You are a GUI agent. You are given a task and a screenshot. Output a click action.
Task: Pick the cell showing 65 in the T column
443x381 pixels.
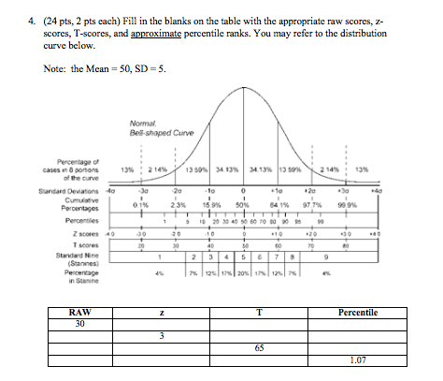pos(259,346)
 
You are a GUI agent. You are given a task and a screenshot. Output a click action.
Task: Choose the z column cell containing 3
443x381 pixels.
pos(161,335)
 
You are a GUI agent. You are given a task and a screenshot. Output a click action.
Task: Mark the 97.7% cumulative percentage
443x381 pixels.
pos(313,202)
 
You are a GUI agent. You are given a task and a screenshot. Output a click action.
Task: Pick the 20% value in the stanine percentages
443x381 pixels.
pos(245,271)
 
